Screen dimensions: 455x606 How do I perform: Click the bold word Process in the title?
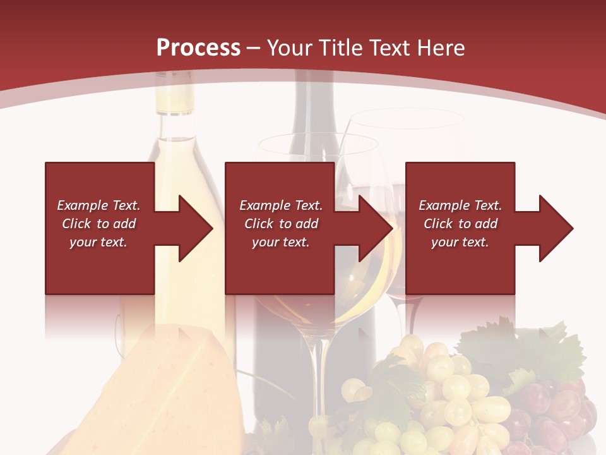[198, 48]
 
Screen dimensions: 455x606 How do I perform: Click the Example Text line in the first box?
[98, 205]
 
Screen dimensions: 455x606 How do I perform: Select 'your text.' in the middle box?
[280, 242]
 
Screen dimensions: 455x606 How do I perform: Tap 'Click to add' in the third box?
[460, 224]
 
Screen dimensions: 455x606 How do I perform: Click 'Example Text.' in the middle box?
[280, 205]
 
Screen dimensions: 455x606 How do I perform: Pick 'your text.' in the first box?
[98, 242]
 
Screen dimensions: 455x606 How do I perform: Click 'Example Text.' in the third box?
[460, 205]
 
